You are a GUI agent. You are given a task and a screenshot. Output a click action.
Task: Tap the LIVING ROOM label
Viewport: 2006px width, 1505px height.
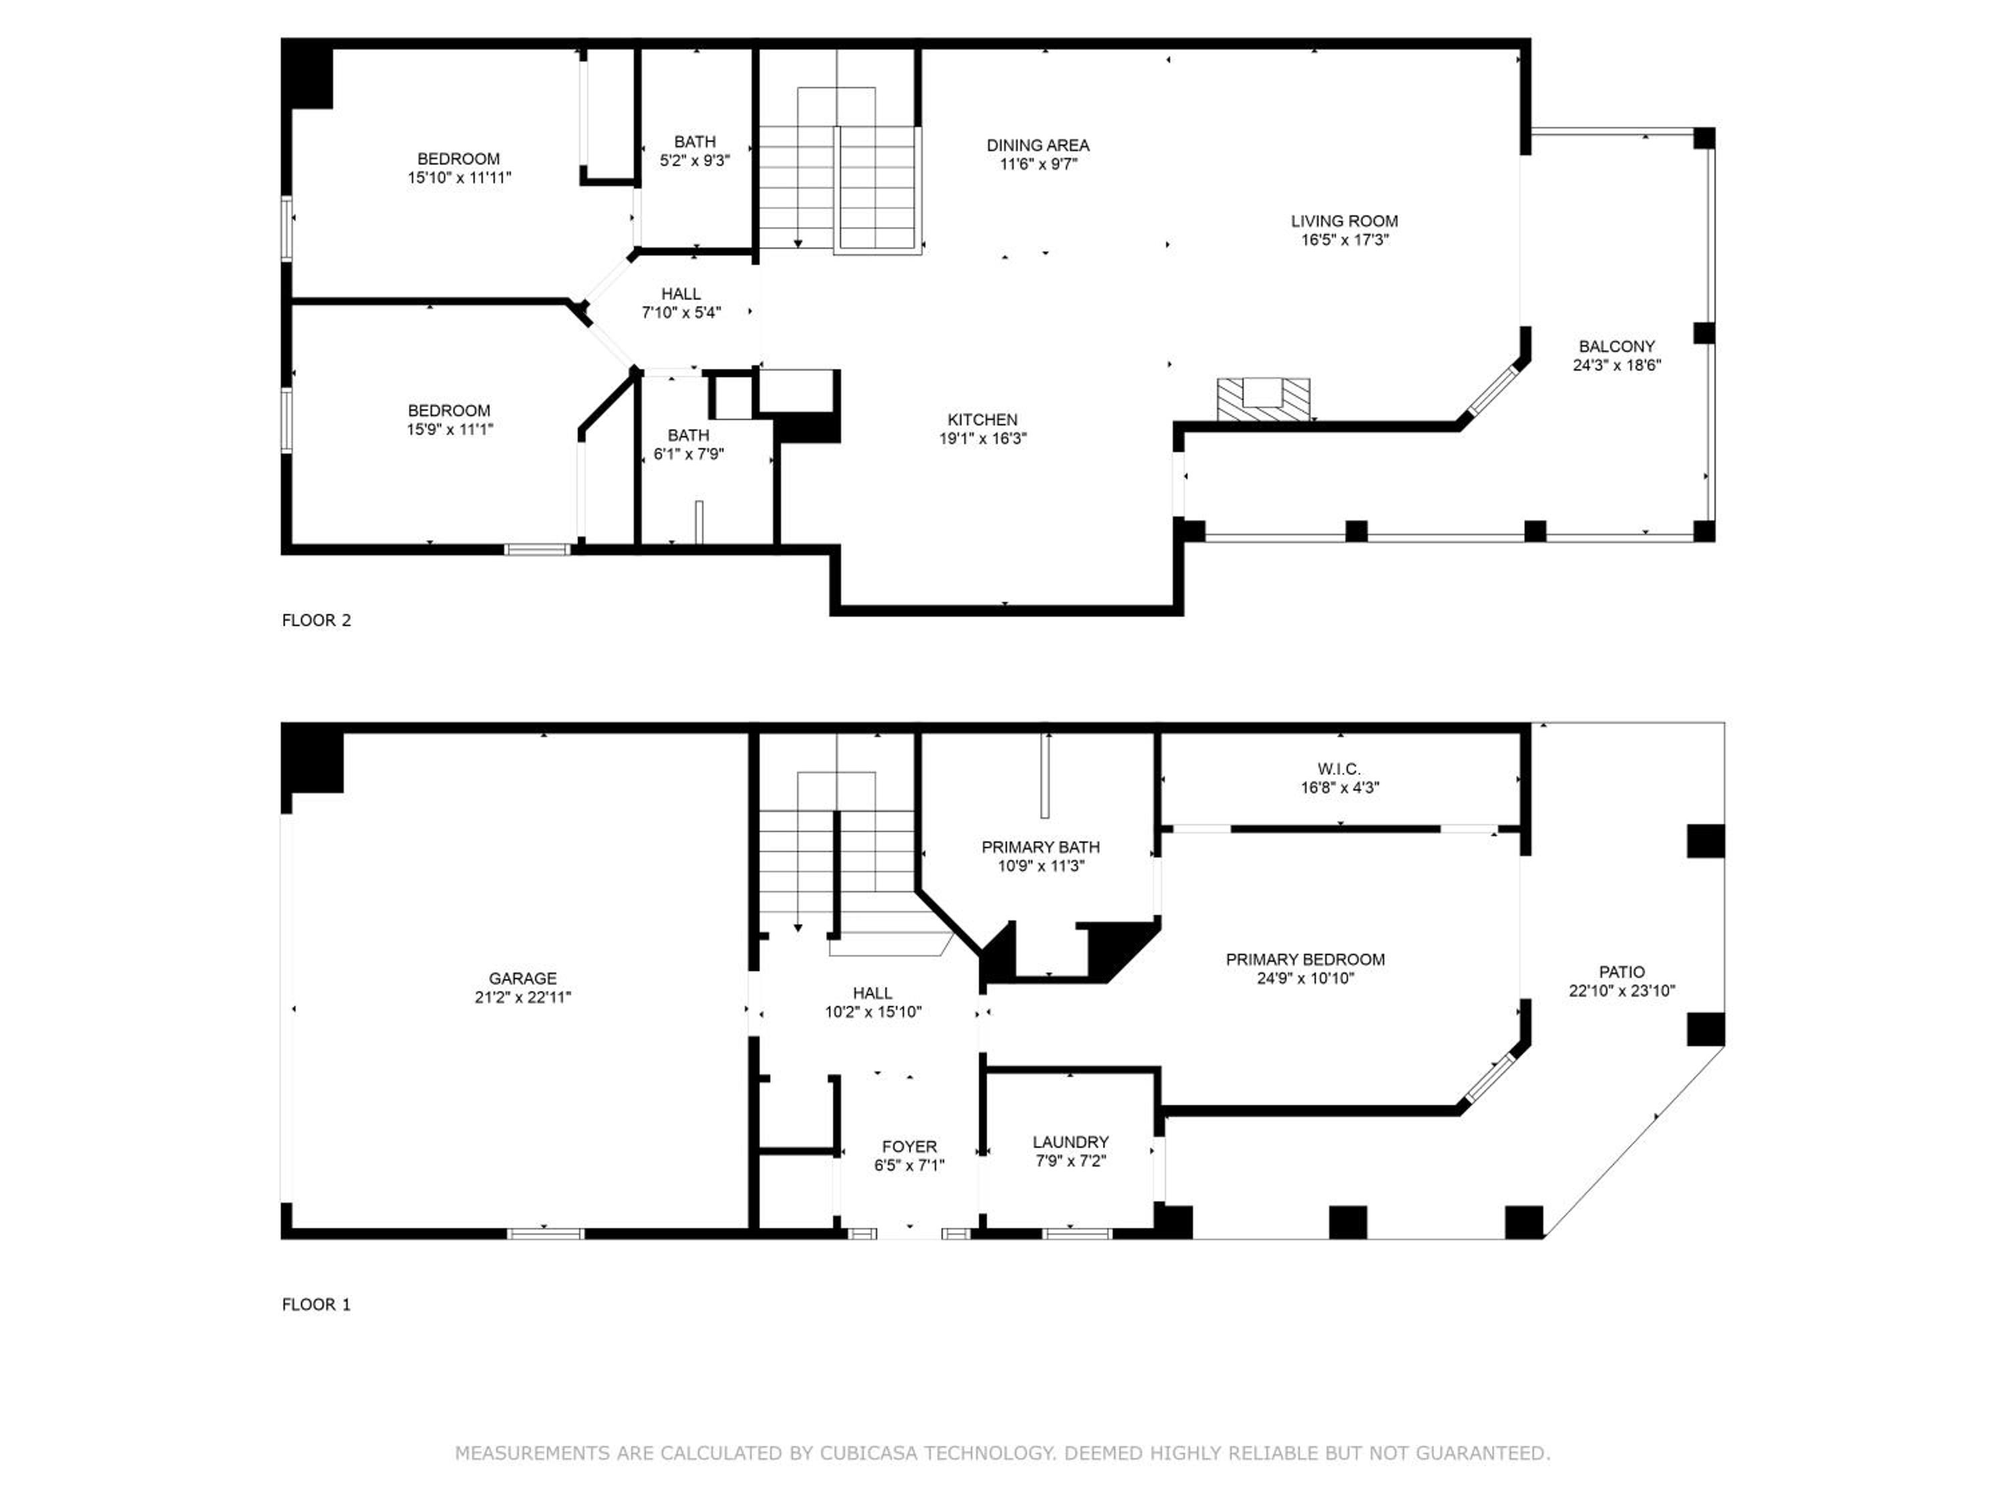click(x=1344, y=221)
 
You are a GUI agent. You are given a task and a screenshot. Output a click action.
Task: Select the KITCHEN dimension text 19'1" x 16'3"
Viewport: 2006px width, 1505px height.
click(x=982, y=438)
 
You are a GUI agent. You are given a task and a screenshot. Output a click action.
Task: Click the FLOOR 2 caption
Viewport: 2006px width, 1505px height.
click(x=316, y=621)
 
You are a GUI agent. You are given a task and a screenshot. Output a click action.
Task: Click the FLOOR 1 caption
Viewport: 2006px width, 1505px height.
click(x=316, y=1304)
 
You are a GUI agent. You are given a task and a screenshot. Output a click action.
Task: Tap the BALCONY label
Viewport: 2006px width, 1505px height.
click(x=1617, y=346)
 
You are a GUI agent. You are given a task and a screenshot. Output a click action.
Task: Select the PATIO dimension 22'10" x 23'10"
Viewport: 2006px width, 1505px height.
click(x=1622, y=991)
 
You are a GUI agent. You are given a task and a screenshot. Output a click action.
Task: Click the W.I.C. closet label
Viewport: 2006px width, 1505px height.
click(x=1339, y=769)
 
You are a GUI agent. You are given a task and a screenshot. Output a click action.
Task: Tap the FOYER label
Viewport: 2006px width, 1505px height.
click(x=909, y=1146)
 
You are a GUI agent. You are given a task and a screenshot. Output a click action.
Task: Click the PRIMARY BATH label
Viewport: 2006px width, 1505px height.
click(x=1040, y=846)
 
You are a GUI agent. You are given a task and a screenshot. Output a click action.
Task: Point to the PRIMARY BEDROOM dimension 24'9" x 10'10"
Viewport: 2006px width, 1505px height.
click(x=1305, y=978)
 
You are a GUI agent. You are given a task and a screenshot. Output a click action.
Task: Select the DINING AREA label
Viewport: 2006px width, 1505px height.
click(x=1038, y=145)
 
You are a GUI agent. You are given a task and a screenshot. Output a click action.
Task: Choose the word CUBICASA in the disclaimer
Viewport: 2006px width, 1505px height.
click(x=870, y=1453)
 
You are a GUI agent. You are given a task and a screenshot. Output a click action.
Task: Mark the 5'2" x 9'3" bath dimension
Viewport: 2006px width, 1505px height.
click(x=695, y=161)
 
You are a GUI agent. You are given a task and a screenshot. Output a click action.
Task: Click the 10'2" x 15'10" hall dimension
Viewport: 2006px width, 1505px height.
click(x=873, y=1011)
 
